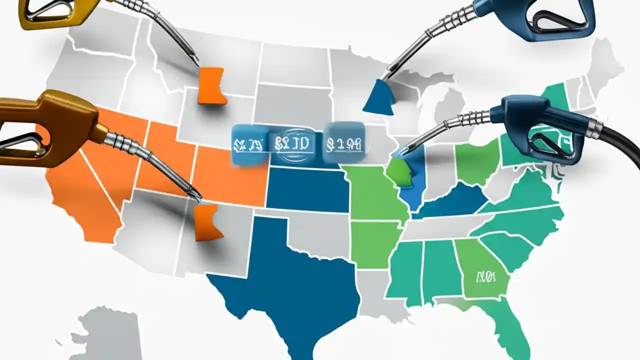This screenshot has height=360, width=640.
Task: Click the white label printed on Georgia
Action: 484,276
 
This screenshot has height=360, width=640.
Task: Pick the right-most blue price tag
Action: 343,143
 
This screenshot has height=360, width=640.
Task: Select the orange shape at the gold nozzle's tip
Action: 206,221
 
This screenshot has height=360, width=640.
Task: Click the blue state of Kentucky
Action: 450,202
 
